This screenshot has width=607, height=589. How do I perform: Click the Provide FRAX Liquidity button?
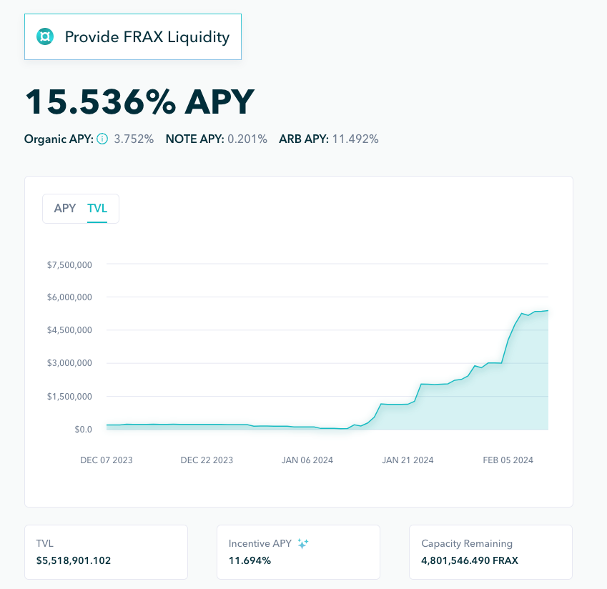[133, 36]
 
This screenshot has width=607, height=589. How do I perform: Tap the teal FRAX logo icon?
[45, 36]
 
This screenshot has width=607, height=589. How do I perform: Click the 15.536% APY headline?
[139, 102]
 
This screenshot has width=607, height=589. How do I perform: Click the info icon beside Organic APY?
[102, 139]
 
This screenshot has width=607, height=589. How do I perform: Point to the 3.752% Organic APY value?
[134, 139]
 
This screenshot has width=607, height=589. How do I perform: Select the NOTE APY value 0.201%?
[247, 139]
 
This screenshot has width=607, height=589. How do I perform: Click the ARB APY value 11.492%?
[355, 139]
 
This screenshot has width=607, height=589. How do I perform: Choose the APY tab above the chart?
[65, 209]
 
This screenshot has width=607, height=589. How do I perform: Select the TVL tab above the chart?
[97, 209]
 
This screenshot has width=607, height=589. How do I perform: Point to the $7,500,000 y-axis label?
[69, 264]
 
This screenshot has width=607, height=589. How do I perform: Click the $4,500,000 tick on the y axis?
[69, 330]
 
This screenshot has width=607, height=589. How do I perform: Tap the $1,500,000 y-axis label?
[69, 396]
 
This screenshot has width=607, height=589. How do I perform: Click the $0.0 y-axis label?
[83, 429]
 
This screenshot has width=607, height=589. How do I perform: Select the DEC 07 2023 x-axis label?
[107, 460]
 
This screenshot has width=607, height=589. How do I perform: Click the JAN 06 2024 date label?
[307, 460]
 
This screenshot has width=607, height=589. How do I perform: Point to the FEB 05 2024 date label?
[508, 460]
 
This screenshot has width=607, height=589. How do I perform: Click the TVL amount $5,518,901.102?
[74, 560]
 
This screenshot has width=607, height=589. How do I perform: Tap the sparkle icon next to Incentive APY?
[303, 544]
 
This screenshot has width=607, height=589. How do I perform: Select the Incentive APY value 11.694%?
[250, 560]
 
